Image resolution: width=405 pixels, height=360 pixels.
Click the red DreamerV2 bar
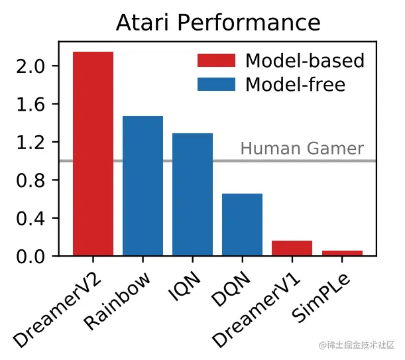[x=93, y=154]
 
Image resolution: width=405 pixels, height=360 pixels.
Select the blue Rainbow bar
[x=143, y=186]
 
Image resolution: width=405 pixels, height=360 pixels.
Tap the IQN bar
[x=192, y=194]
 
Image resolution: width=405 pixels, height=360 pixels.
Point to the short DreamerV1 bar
[x=292, y=248]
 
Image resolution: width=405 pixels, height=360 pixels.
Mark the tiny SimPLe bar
[x=342, y=253]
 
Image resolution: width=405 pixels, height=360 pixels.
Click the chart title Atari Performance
[x=218, y=23]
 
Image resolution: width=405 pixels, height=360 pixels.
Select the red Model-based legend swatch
[x=216, y=61]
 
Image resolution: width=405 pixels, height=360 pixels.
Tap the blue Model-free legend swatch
[x=216, y=85]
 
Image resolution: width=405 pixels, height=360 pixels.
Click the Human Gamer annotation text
[x=302, y=149]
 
